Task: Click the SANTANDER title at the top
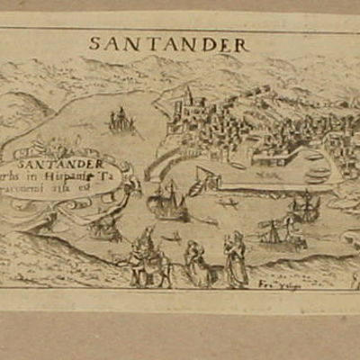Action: coord(170,43)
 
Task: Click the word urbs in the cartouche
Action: coord(50,177)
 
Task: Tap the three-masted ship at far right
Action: coord(302,209)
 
